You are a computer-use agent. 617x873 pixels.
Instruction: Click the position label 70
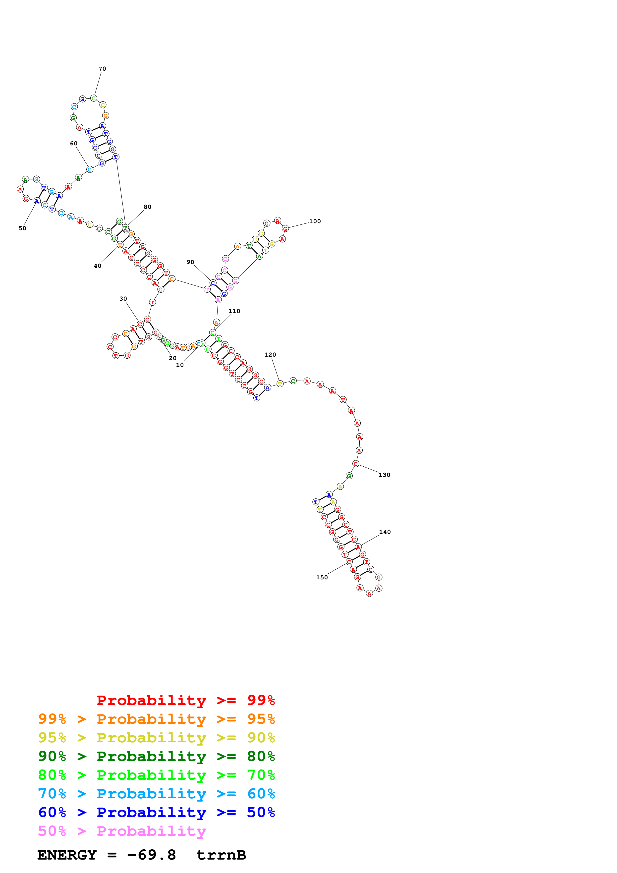[102, 69]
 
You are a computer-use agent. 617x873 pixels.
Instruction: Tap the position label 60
[74, 143]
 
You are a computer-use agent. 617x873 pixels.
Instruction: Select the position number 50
[22, 228]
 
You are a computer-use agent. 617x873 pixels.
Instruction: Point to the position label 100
[315, 221]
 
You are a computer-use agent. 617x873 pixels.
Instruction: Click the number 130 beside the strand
[384, 475]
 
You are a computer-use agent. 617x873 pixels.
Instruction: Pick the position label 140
[385, 532]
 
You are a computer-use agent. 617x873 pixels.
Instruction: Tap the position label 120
[270, 355]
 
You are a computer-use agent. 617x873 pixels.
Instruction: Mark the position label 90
[190, 262]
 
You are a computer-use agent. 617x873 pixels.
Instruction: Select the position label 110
[234, 311]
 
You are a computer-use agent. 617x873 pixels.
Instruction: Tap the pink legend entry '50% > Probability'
[122, 831]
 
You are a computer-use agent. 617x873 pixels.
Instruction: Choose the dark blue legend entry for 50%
[156, 812]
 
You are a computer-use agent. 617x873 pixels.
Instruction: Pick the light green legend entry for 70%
[156, 775]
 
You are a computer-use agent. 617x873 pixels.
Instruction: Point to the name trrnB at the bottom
[221, 855]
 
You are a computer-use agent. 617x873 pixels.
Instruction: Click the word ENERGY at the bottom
[67, 855]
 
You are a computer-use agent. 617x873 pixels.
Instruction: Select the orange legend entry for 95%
[156, 719]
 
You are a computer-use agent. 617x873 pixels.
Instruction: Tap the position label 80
[148, 207]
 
